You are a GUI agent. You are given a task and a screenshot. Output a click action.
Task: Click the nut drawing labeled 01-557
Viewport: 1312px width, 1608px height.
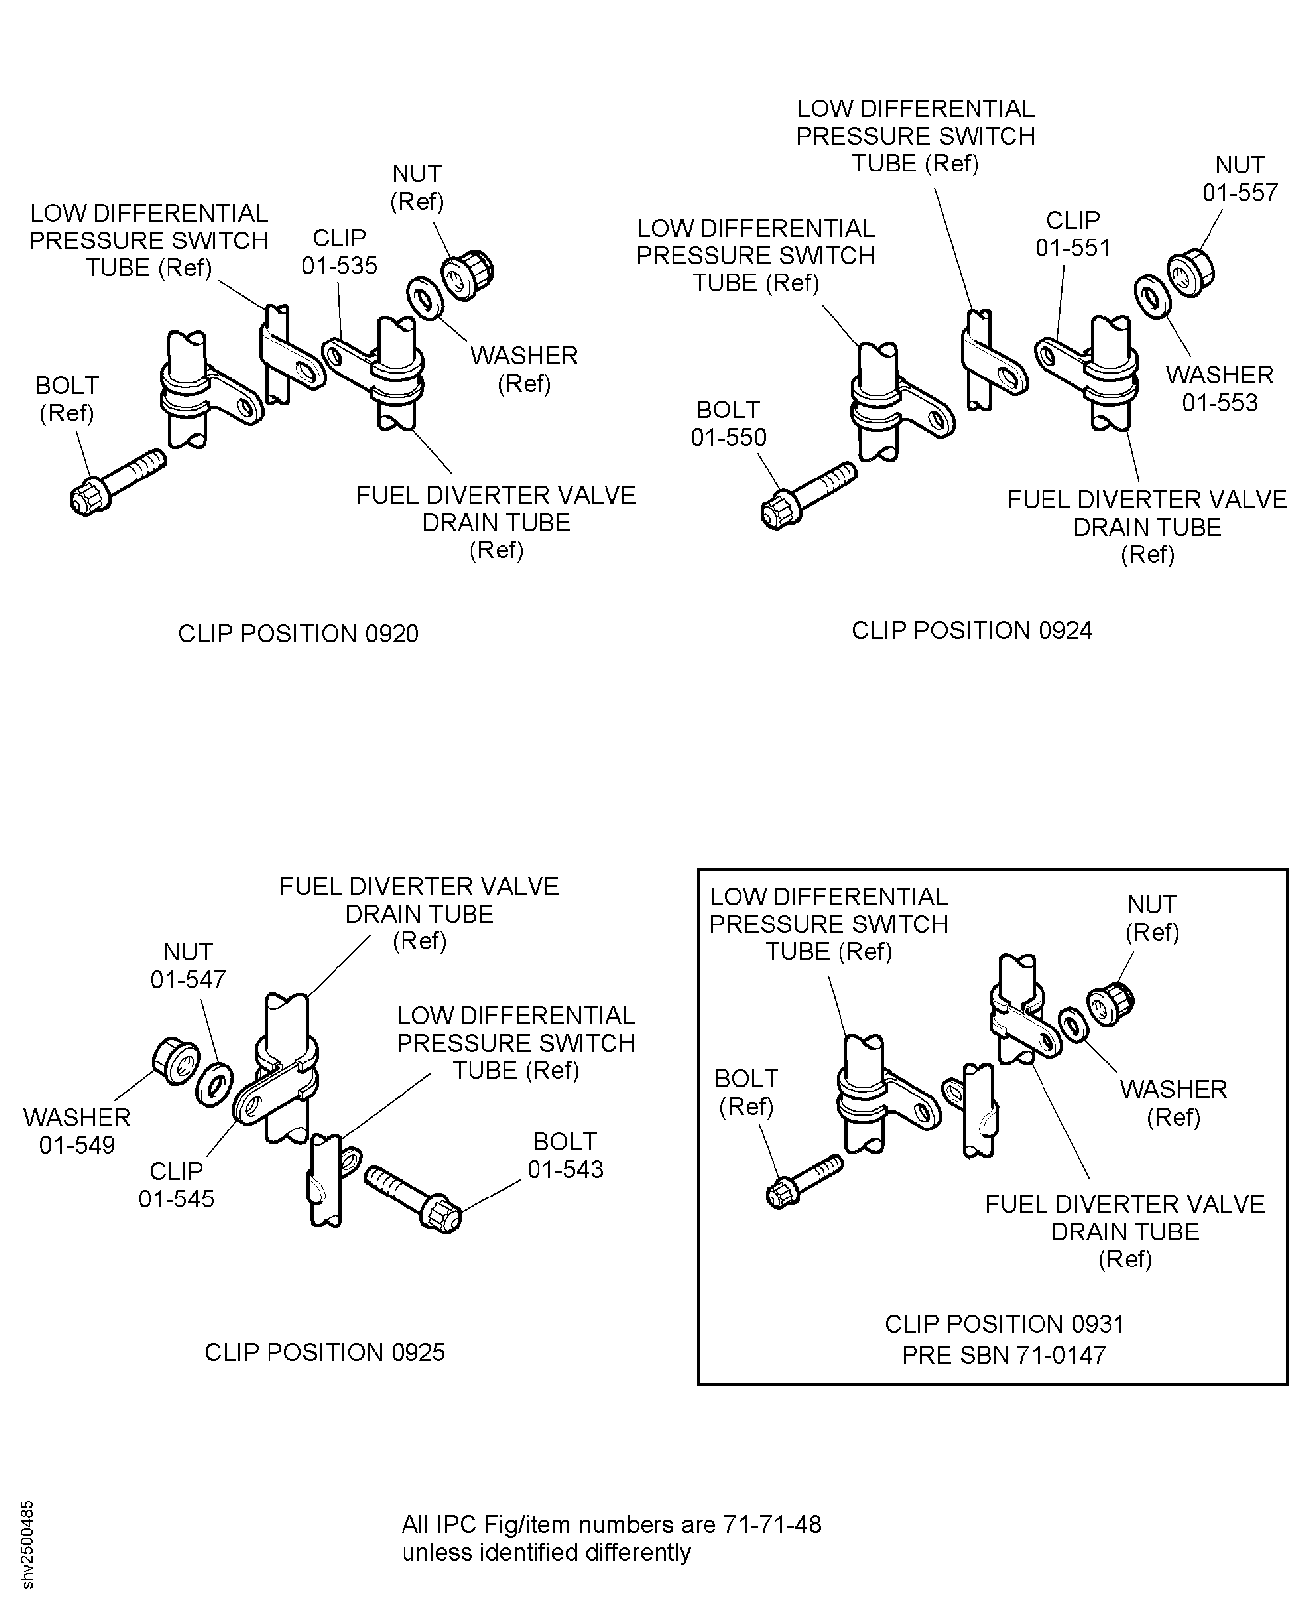(1191, 272)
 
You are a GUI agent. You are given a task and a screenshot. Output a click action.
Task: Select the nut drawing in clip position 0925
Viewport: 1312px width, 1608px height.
(175, 1062)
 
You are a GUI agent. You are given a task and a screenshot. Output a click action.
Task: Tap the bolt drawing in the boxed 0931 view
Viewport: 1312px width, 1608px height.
(804, 1182)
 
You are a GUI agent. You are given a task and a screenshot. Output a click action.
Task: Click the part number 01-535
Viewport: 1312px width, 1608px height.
(339, 265)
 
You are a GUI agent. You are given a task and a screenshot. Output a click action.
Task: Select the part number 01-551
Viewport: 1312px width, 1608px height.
(1073, 248)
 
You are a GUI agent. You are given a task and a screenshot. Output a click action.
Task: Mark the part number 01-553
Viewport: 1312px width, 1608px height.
(1220, 402)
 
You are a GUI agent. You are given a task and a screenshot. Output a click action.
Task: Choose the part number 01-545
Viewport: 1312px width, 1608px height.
(176, 1198)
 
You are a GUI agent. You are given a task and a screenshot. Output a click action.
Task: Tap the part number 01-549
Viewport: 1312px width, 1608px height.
(77, 1145)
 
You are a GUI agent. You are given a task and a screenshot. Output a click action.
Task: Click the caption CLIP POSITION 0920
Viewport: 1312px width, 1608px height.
(299, 634)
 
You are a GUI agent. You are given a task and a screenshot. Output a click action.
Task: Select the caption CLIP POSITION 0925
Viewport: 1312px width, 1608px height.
(325, 1352)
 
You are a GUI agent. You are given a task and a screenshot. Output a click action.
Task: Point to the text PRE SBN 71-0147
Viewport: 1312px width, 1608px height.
(1004, 1355)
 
